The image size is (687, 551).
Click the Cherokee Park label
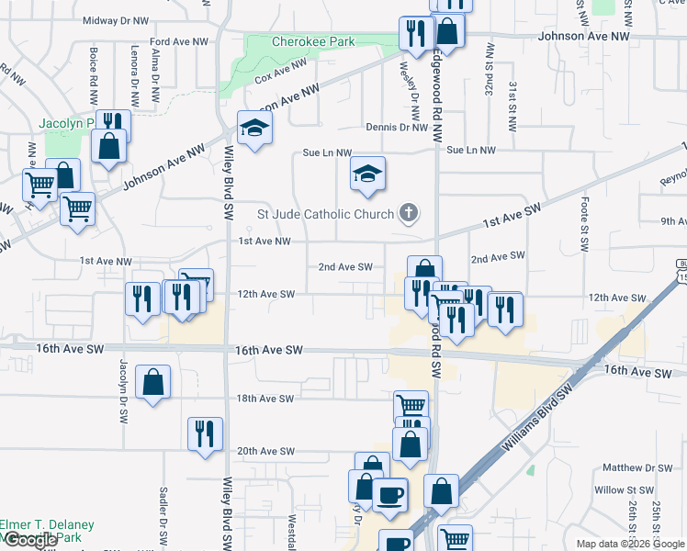coord(313,41)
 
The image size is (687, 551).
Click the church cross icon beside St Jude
coord(409,215)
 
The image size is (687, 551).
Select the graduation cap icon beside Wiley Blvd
coord(254,128)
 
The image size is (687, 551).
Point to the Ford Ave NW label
coord(175,42)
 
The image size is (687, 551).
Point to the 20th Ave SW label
coord(265,451)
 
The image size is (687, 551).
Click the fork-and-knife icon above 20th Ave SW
coord(205,433)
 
